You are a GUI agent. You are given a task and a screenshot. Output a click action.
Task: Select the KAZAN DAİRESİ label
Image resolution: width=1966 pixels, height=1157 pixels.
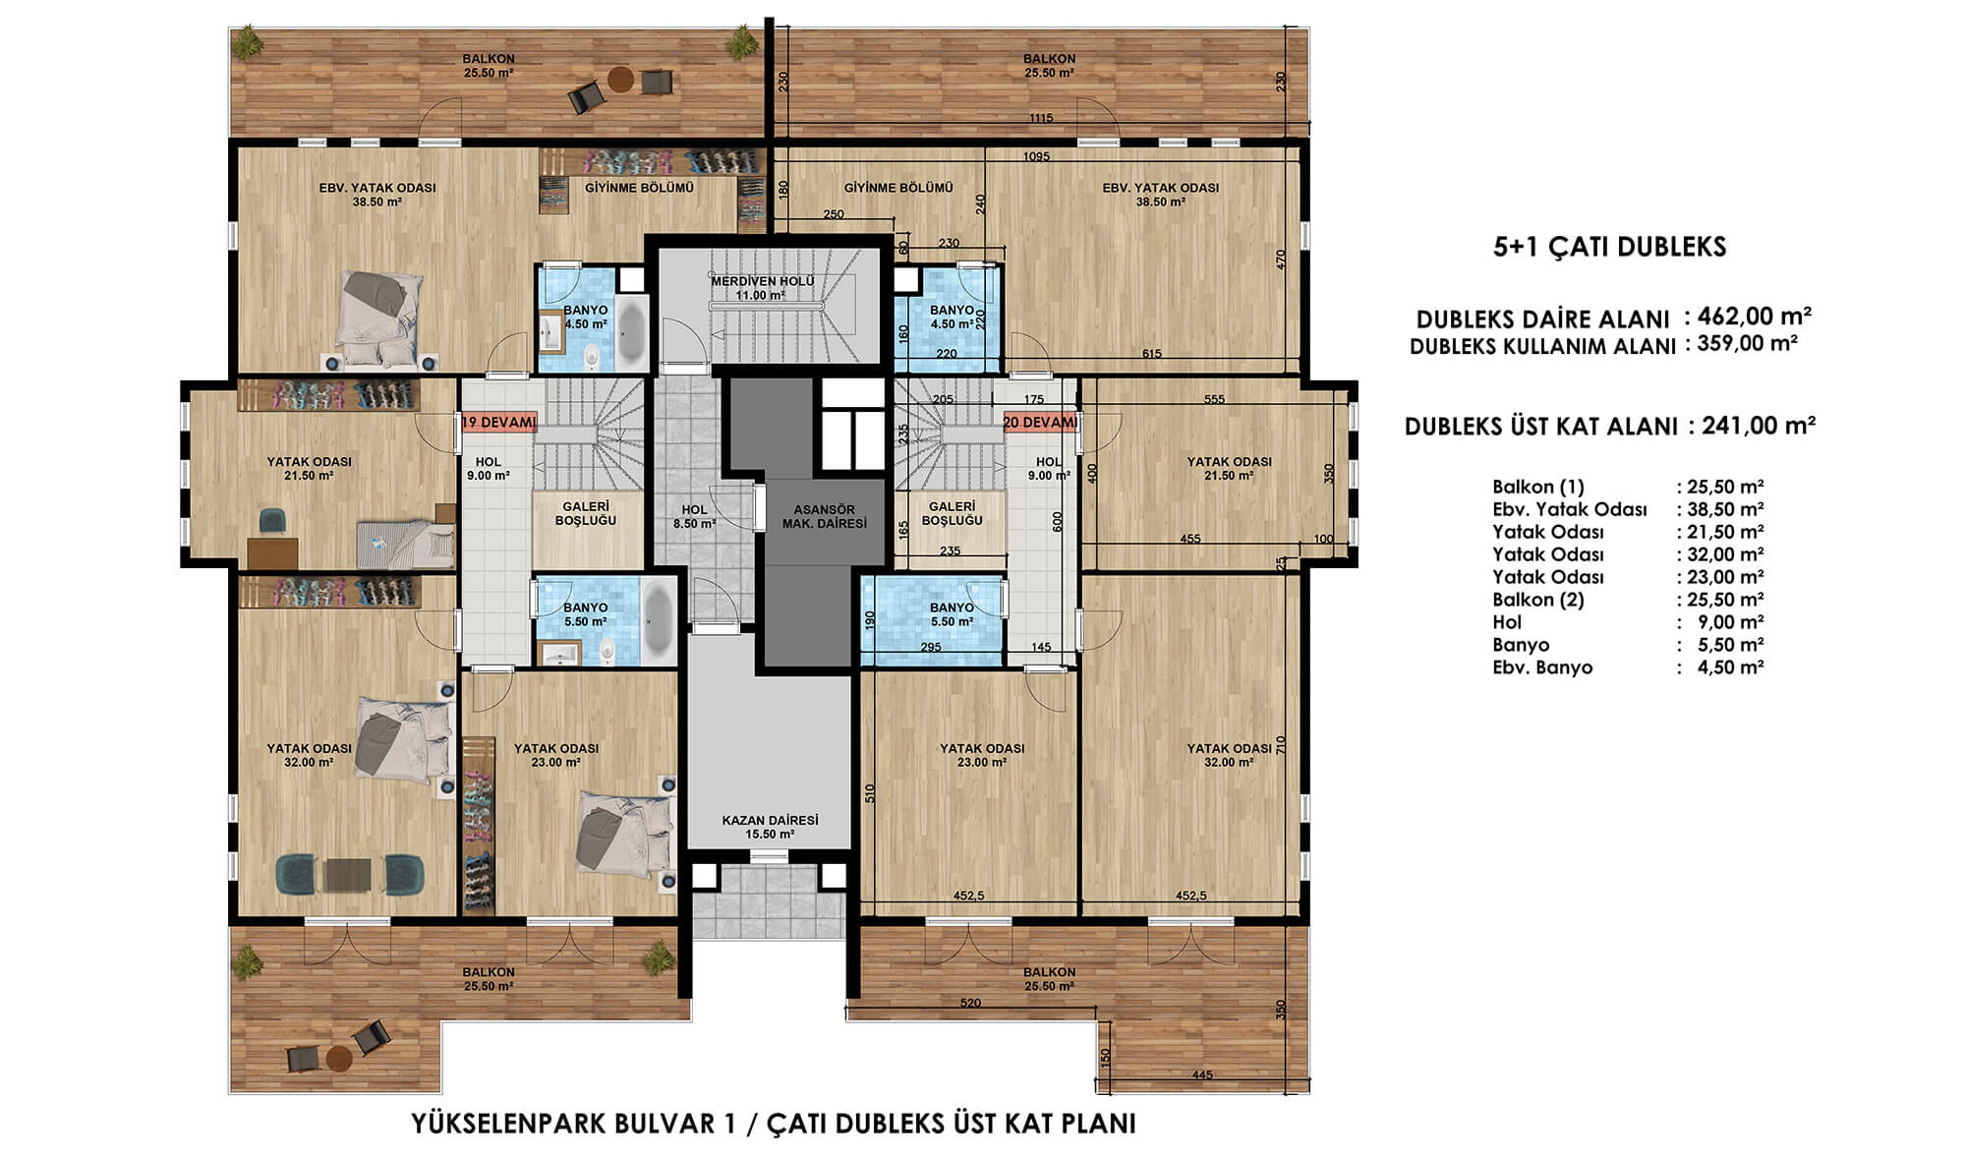(x=770, y=827)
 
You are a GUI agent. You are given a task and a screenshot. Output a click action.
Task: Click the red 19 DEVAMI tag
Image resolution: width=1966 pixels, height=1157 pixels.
(x=499, y=423)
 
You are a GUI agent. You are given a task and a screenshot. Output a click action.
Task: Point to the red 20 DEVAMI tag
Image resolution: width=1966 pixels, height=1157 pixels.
(x=1040, y=422)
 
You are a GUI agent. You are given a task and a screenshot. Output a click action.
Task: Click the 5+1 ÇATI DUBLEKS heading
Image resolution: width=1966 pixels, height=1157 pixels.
(x=1609, y=247)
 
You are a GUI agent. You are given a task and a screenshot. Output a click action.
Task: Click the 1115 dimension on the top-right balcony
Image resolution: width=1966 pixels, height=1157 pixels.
(x=1041, y=119)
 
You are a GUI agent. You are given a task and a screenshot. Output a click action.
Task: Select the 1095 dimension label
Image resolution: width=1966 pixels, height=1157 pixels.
(x=1036, y=156)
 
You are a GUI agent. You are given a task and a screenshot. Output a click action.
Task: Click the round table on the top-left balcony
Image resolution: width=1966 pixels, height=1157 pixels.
(x=620, y=79)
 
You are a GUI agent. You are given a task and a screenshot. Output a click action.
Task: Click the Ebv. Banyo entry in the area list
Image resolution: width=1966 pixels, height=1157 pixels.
(x=1542, y=667)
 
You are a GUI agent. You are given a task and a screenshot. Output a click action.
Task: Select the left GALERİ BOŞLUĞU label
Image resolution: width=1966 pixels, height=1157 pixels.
(x=585, y=513)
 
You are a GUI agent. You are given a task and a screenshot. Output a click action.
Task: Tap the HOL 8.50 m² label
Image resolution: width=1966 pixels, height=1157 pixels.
(x=694, y=517)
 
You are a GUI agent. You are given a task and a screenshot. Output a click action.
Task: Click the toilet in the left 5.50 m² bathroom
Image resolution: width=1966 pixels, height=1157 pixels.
(x=607, y=651)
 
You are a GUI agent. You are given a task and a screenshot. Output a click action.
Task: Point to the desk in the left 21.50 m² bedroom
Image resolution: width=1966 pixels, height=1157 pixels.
(x=272, y=552)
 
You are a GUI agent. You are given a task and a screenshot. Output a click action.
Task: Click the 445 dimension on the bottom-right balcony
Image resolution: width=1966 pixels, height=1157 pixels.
(x=1202, y=1075)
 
